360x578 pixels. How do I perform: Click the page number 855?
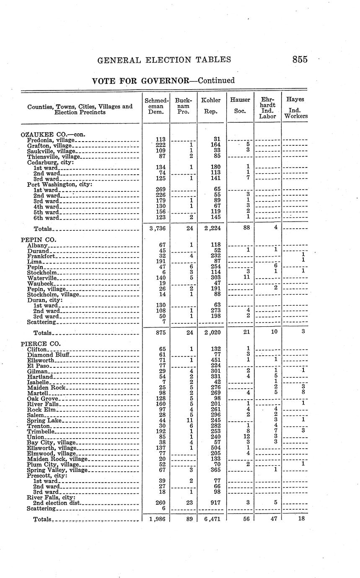[x=300, y=59]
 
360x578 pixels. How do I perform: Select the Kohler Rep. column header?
[x=211, y=106]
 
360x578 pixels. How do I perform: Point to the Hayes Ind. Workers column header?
[x=295, y=108]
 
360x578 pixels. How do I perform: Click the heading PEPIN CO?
[x=38, y=240]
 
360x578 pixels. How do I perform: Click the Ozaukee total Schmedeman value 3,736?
[x=156, y=229]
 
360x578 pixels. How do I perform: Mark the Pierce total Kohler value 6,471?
[x=211, y=519]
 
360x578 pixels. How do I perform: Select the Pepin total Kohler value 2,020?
[x=211, y=333]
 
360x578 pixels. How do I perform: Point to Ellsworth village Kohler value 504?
[x=215, y=448]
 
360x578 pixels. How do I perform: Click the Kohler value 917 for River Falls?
[x=215, y=502]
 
